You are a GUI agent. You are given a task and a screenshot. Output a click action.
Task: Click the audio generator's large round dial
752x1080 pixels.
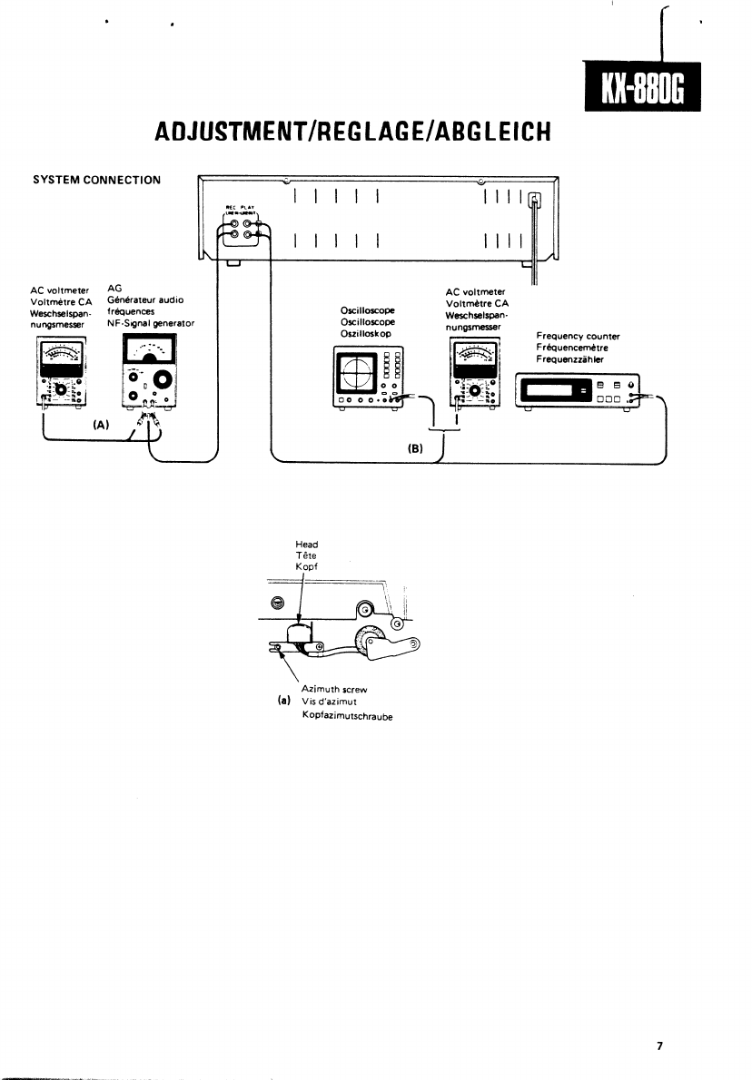(x=164, y=378)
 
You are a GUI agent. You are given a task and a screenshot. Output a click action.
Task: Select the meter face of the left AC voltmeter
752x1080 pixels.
(x=60, y=357)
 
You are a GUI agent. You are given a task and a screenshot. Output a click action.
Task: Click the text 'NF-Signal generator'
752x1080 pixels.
(x=150, y=323)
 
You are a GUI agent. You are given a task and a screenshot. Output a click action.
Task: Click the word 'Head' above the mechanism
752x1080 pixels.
(x=306, y=545)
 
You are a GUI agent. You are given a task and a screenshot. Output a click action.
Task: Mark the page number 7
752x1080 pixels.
(x=660, y=1046)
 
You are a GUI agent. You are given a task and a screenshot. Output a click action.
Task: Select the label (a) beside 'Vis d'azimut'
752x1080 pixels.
(x=283, y=701)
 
